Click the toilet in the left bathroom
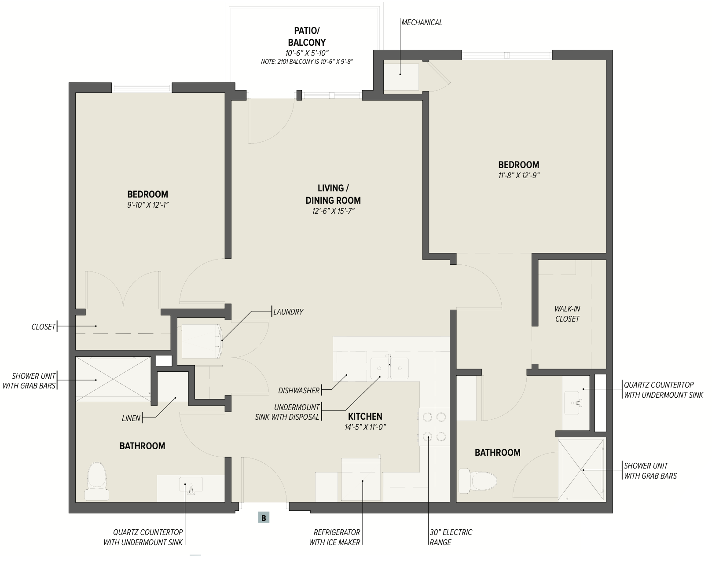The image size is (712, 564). (x=97, y=481)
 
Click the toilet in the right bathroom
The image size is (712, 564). (x=478, y=481)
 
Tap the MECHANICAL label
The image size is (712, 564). (x=422, y=22)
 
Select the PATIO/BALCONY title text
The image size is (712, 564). (x=307, y=37)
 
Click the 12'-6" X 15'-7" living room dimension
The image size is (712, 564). (x=333, y=211)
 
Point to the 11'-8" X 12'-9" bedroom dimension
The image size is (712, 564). (x=519, y=176)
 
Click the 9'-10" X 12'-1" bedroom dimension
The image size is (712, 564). (x=148, y=205)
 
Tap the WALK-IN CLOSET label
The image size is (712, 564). (x=567, y=314)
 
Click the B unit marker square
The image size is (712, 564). (x=264, y=518)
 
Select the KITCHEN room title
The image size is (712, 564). (x=365, y=416)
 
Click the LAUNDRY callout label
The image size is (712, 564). (x=288, y=311)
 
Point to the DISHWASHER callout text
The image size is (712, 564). (x=299, y=391)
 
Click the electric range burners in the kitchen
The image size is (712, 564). (x=434, y=427)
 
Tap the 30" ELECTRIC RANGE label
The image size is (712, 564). (x=451, y=537)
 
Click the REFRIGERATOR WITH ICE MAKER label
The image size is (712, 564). (x=334, y=537)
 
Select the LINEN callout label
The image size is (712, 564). (x=131, y=418)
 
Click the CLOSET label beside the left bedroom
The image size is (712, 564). (x=43, y=327)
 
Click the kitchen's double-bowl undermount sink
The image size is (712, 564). (x=390, y=368)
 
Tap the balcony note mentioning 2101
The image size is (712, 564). (x=307, y=62)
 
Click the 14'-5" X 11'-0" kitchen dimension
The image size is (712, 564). (x=365, y=427)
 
